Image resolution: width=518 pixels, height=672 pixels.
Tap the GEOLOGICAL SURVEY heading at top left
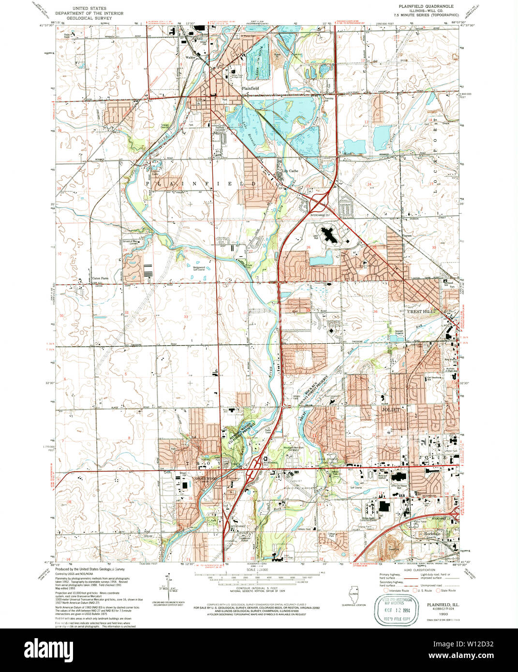[89, 18]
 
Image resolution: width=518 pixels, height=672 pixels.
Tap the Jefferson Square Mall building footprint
[399, 478]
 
